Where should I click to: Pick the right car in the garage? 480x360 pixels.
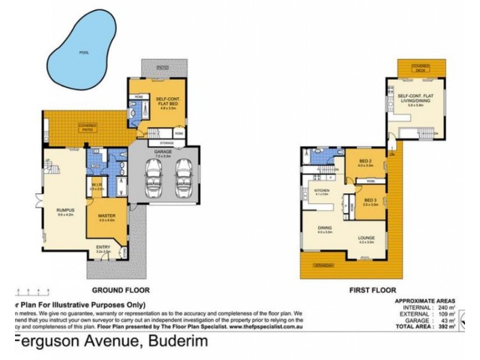183,181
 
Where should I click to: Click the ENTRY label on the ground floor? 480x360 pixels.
103,247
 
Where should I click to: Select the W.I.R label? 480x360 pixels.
97,185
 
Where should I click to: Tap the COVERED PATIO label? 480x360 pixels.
88,126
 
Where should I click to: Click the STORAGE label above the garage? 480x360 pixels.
167,143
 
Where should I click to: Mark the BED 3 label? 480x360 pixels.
370,201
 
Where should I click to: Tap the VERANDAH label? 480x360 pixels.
322,264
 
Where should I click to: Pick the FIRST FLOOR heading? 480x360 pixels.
373,290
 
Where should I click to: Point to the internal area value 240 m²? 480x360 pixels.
445,307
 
